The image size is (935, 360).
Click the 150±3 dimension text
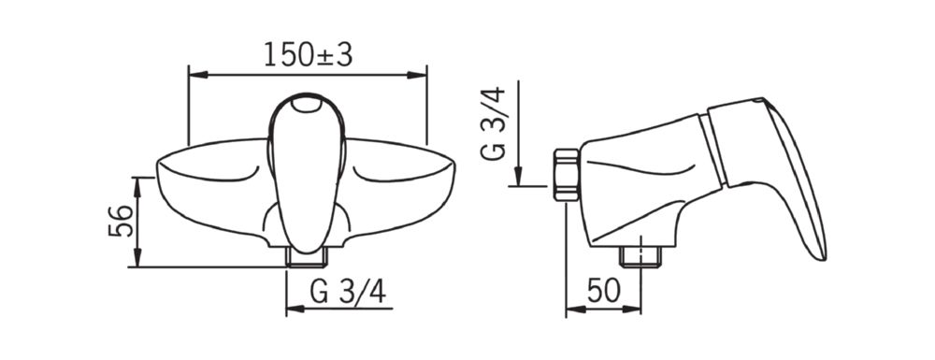[x=309, y=55]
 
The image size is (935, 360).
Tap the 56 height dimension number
[x=121, y=221]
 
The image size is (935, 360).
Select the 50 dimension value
[x=603, y=291]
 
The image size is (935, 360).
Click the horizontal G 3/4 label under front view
[x=348, y=292]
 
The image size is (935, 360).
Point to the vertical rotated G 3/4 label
[x=493, y=123]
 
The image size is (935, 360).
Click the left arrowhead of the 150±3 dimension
[x=198, y=75]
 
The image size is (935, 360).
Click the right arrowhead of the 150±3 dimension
[x=417, y=75]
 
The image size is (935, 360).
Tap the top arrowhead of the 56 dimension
[x=137, y=187]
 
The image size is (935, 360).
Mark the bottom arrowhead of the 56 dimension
[x=137, y=257]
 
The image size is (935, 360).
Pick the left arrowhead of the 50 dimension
[x=575, y=309]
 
